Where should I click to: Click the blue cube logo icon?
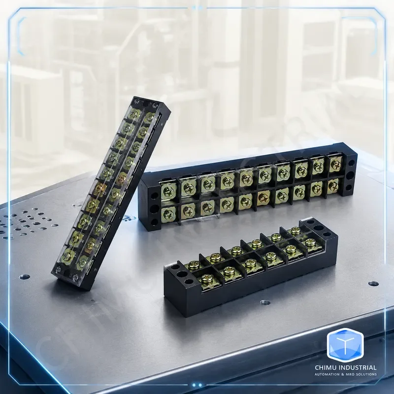pyautogui.click(x=345, y=345)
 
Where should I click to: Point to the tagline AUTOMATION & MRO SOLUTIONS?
pyautogui.click(x=346, y=374)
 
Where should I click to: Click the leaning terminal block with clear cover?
pyautogui.click(x=111, y=194)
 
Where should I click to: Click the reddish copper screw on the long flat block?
pyautogui.click(x=263, y=196)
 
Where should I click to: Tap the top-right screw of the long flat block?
pyautogui.click(x=335, y=164)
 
